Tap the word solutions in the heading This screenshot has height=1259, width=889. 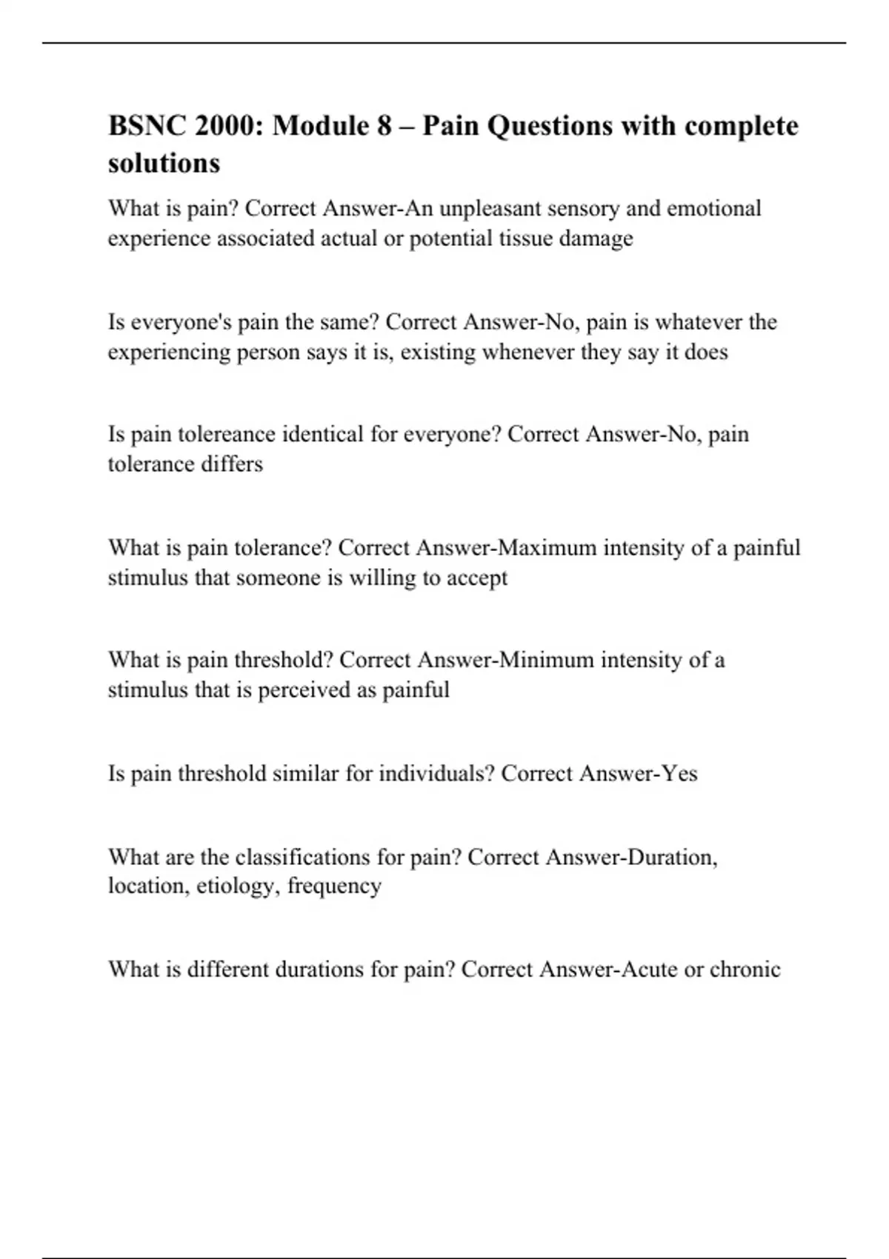coord(164,163)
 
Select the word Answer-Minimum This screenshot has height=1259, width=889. coord(505,660)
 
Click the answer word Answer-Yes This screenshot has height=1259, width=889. coord(638,774)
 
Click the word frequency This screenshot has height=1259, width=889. coord(334,886)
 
